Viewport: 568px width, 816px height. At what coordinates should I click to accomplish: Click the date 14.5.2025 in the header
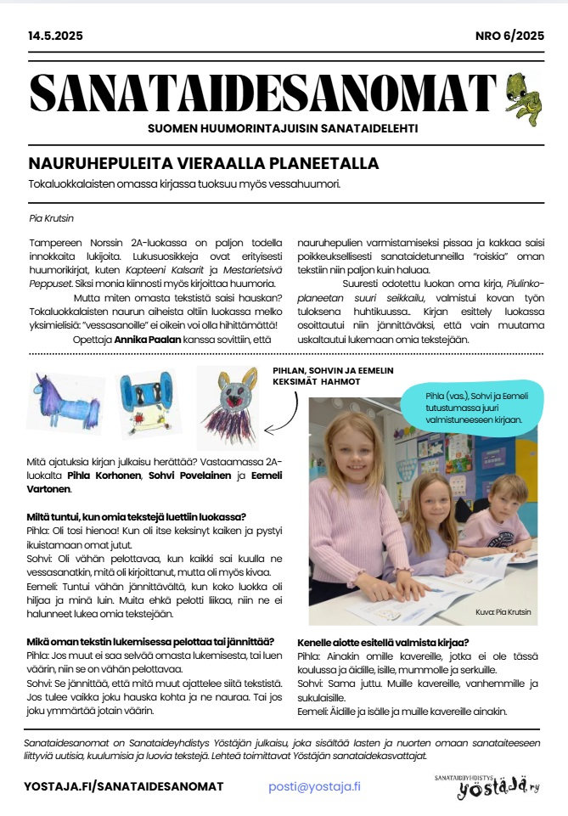[54, 36]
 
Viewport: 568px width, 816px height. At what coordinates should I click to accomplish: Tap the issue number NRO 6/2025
[509, 36]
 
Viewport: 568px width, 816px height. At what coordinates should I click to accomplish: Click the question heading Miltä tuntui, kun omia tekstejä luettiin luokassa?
[137, 516]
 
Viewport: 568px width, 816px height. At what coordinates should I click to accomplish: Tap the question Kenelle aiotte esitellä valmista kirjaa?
[384, 643]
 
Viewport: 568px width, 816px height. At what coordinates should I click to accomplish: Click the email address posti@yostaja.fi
[314, 786]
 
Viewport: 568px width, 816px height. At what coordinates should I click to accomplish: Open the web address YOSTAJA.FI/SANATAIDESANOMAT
[124, 787]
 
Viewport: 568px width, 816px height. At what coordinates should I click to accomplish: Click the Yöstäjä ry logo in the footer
[486, 786]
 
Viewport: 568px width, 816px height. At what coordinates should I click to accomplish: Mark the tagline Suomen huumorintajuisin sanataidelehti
[284, 129]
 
